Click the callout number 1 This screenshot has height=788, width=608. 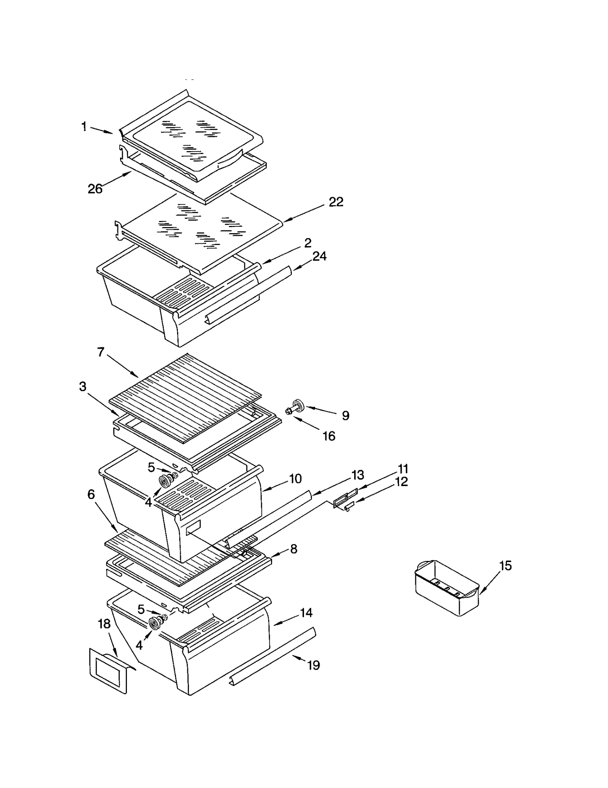click(x=84, y=126)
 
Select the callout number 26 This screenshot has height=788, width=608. click(x=95, y=189)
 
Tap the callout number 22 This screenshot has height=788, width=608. click(x=336, y=202)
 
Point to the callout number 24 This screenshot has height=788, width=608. click(x=319, y=256)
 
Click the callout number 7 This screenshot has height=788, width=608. click(x=100, y=352)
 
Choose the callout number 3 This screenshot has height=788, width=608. click(x=82, y=387)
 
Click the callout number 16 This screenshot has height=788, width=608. click(x=329, y=436)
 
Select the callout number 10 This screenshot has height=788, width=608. click(x=295, y=478)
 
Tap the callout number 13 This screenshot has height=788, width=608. click(x=358, y=475)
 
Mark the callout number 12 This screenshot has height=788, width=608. click(x=401, y=482)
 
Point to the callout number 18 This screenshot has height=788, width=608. click(x=104, y=624)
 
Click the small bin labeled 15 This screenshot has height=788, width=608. click(x=446, y=589)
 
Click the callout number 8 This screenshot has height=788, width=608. click(x=294, y=549)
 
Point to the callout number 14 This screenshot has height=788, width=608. click(x=306, y=613)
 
